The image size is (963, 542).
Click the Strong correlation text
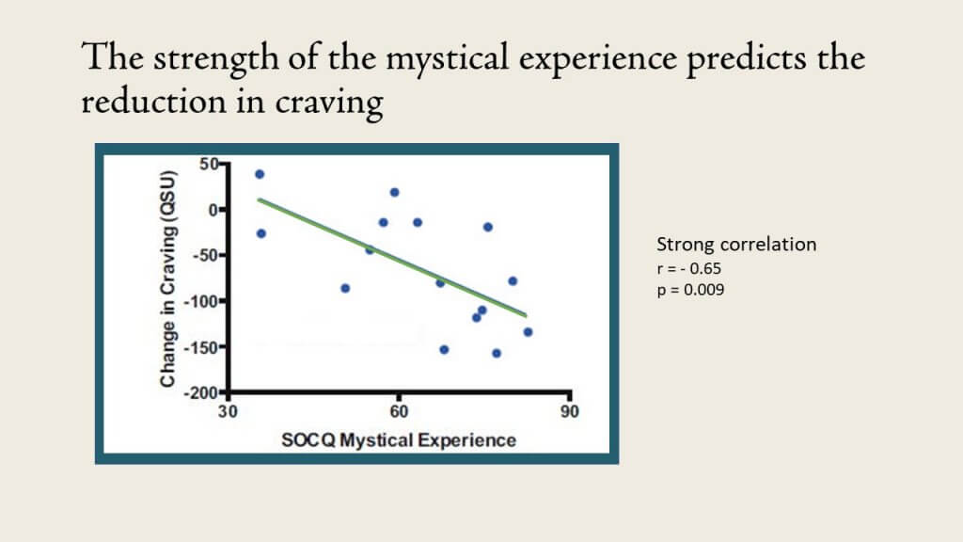(736, 244)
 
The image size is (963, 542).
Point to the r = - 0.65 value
(689, 268)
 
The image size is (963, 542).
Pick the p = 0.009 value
(690, 290)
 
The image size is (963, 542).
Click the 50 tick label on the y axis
(209, 164)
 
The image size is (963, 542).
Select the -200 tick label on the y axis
(201, 393)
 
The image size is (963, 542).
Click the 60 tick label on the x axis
(399, 412)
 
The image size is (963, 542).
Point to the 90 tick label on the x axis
(569, 412)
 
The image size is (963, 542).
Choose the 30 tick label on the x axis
(228, 412)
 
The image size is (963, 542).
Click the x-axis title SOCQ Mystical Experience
(399, 440)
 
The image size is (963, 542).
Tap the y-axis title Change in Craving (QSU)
(167, 279)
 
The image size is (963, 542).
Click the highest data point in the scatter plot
(260, 174)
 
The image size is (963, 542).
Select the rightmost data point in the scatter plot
(528, 332)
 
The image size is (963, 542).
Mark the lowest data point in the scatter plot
(497, 354)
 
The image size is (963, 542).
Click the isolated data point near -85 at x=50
(345, 288)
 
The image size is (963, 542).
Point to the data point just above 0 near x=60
(394, 192)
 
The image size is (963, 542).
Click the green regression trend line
(392, 258)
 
